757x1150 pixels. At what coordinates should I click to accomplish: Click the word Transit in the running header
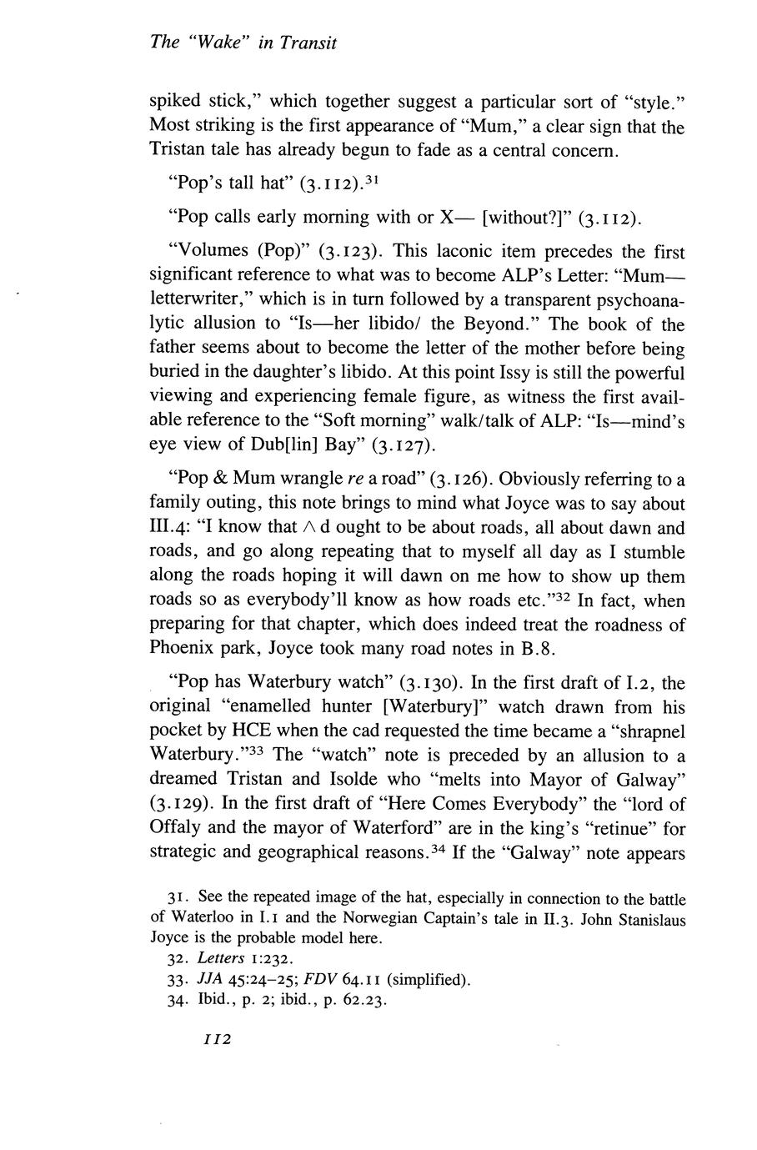pyautogui.click(x=308, y=44)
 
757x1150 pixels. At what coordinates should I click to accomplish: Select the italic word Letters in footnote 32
pyautogui.click(x=222, y=959)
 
